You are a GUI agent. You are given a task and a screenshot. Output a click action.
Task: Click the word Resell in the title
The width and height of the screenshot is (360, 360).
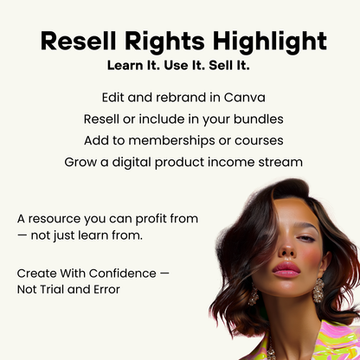tap(80, 41)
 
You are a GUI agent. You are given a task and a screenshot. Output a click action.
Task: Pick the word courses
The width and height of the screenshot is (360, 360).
tap(248, 140)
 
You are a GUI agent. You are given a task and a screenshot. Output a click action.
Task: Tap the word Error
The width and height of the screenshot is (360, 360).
tap(102, 289)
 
